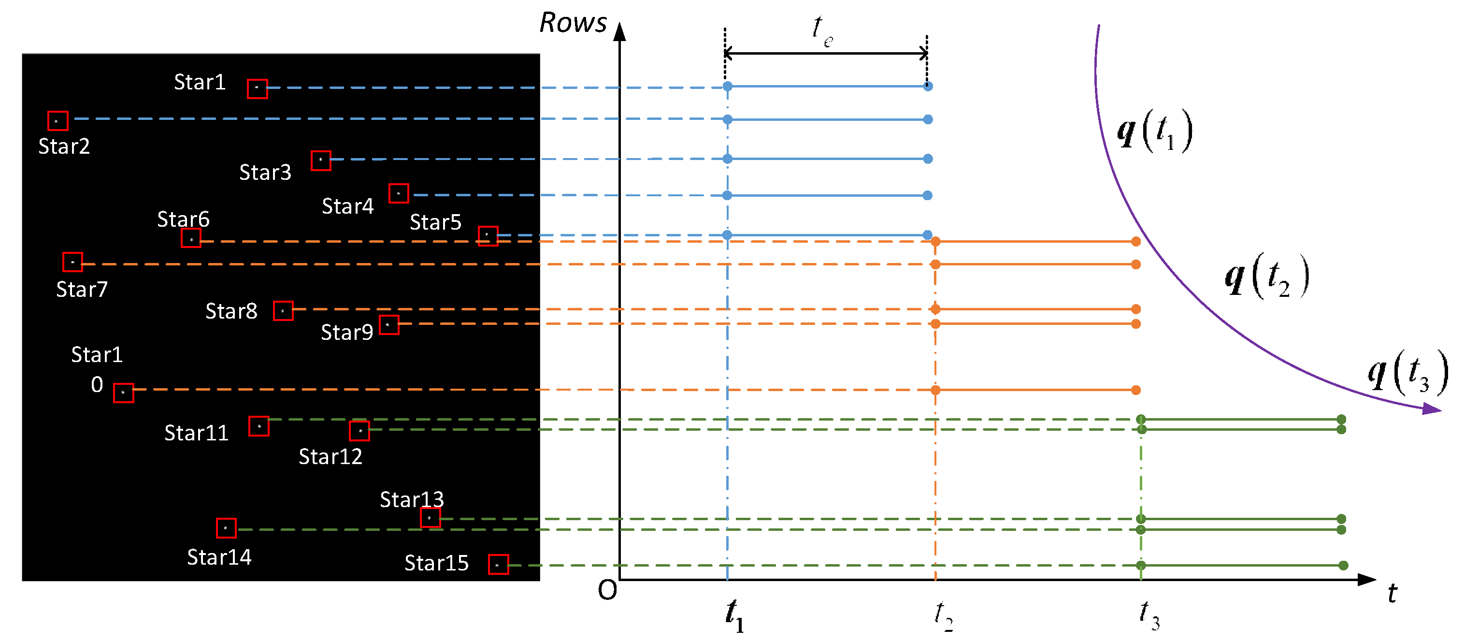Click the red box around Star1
(257, 88)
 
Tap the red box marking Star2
(57, 121)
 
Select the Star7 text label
(81, 289)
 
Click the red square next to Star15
(498, 565)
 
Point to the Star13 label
(411, 499)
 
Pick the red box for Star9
(389, 325)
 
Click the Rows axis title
(573, 23)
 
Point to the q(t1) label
(1154, 131)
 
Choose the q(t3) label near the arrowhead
(1408, 373)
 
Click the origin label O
(607, 591)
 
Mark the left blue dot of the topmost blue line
(727, 87)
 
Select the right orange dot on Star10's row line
(1136, 390)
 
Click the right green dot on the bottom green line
(1343, 565)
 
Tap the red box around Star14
(226, 528)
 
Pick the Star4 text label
(347, 206)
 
